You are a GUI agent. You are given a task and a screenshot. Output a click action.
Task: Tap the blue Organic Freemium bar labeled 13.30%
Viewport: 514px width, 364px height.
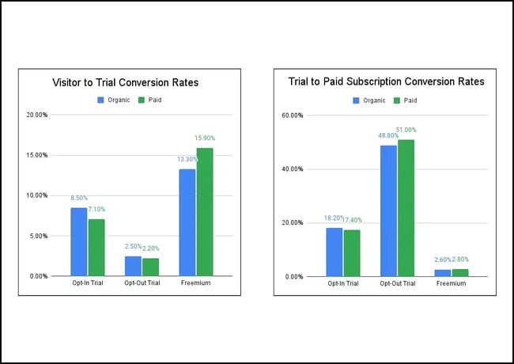coord(187,222)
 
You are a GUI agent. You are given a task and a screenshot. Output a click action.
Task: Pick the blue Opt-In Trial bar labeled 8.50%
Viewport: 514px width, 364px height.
coord(78,241)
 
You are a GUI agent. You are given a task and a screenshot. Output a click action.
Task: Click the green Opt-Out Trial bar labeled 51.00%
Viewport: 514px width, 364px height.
coord(406,208)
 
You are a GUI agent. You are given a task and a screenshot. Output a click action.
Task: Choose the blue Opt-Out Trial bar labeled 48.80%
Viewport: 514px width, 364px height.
coord(388,210)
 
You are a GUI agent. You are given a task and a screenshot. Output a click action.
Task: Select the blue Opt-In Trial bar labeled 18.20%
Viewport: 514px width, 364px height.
coord(334,252)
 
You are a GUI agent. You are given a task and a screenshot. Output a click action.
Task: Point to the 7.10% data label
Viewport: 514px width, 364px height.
coord(96,210)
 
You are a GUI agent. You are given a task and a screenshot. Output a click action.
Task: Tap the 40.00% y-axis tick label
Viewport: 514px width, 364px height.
coord(293,169)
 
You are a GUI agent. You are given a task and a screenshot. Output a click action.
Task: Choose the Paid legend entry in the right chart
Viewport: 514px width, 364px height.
coord(406,100)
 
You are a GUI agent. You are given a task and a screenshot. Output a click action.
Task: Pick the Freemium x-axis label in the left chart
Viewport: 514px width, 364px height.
coord(196,283)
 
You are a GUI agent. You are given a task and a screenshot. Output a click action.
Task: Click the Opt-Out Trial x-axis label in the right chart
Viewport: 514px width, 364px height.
coord(397,283)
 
